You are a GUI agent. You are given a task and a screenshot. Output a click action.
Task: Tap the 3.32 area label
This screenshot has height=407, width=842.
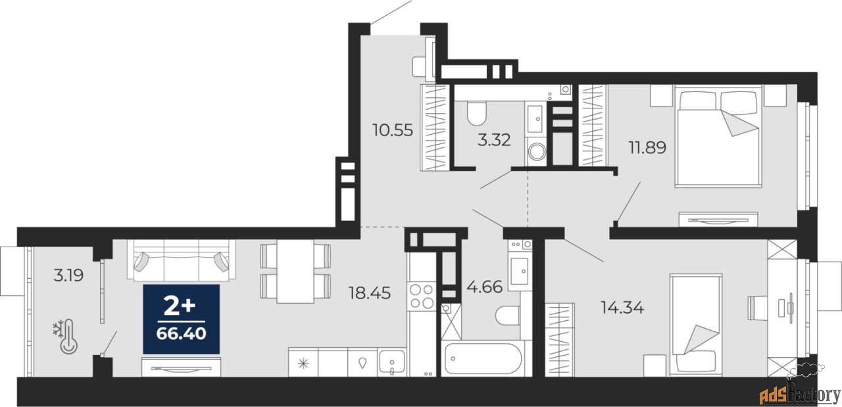coord(493,140)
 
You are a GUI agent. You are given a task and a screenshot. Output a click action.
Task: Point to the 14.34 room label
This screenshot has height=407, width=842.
coord(622,306)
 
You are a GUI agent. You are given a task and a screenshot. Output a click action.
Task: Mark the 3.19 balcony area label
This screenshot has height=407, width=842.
coord(68,275)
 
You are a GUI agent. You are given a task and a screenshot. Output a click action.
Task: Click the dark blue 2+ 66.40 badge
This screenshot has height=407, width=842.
coord(182,319)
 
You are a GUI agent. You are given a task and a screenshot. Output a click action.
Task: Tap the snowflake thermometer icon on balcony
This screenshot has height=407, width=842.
coord(66,337)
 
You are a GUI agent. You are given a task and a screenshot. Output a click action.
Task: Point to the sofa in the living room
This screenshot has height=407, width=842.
coord(181,257)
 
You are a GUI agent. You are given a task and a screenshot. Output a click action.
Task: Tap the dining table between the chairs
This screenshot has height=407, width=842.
coord(295,272)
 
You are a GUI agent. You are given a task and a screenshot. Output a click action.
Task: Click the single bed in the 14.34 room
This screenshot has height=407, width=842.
coord(696,325)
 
